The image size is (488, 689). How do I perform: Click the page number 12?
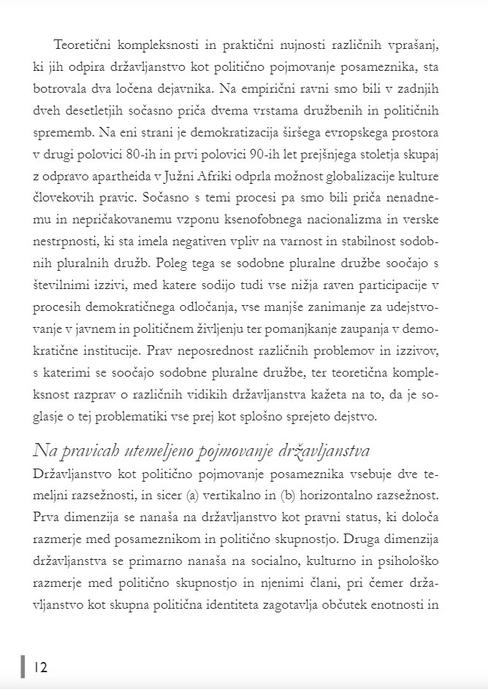coord(40,666)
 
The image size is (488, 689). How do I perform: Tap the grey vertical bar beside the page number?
coord(23,666)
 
